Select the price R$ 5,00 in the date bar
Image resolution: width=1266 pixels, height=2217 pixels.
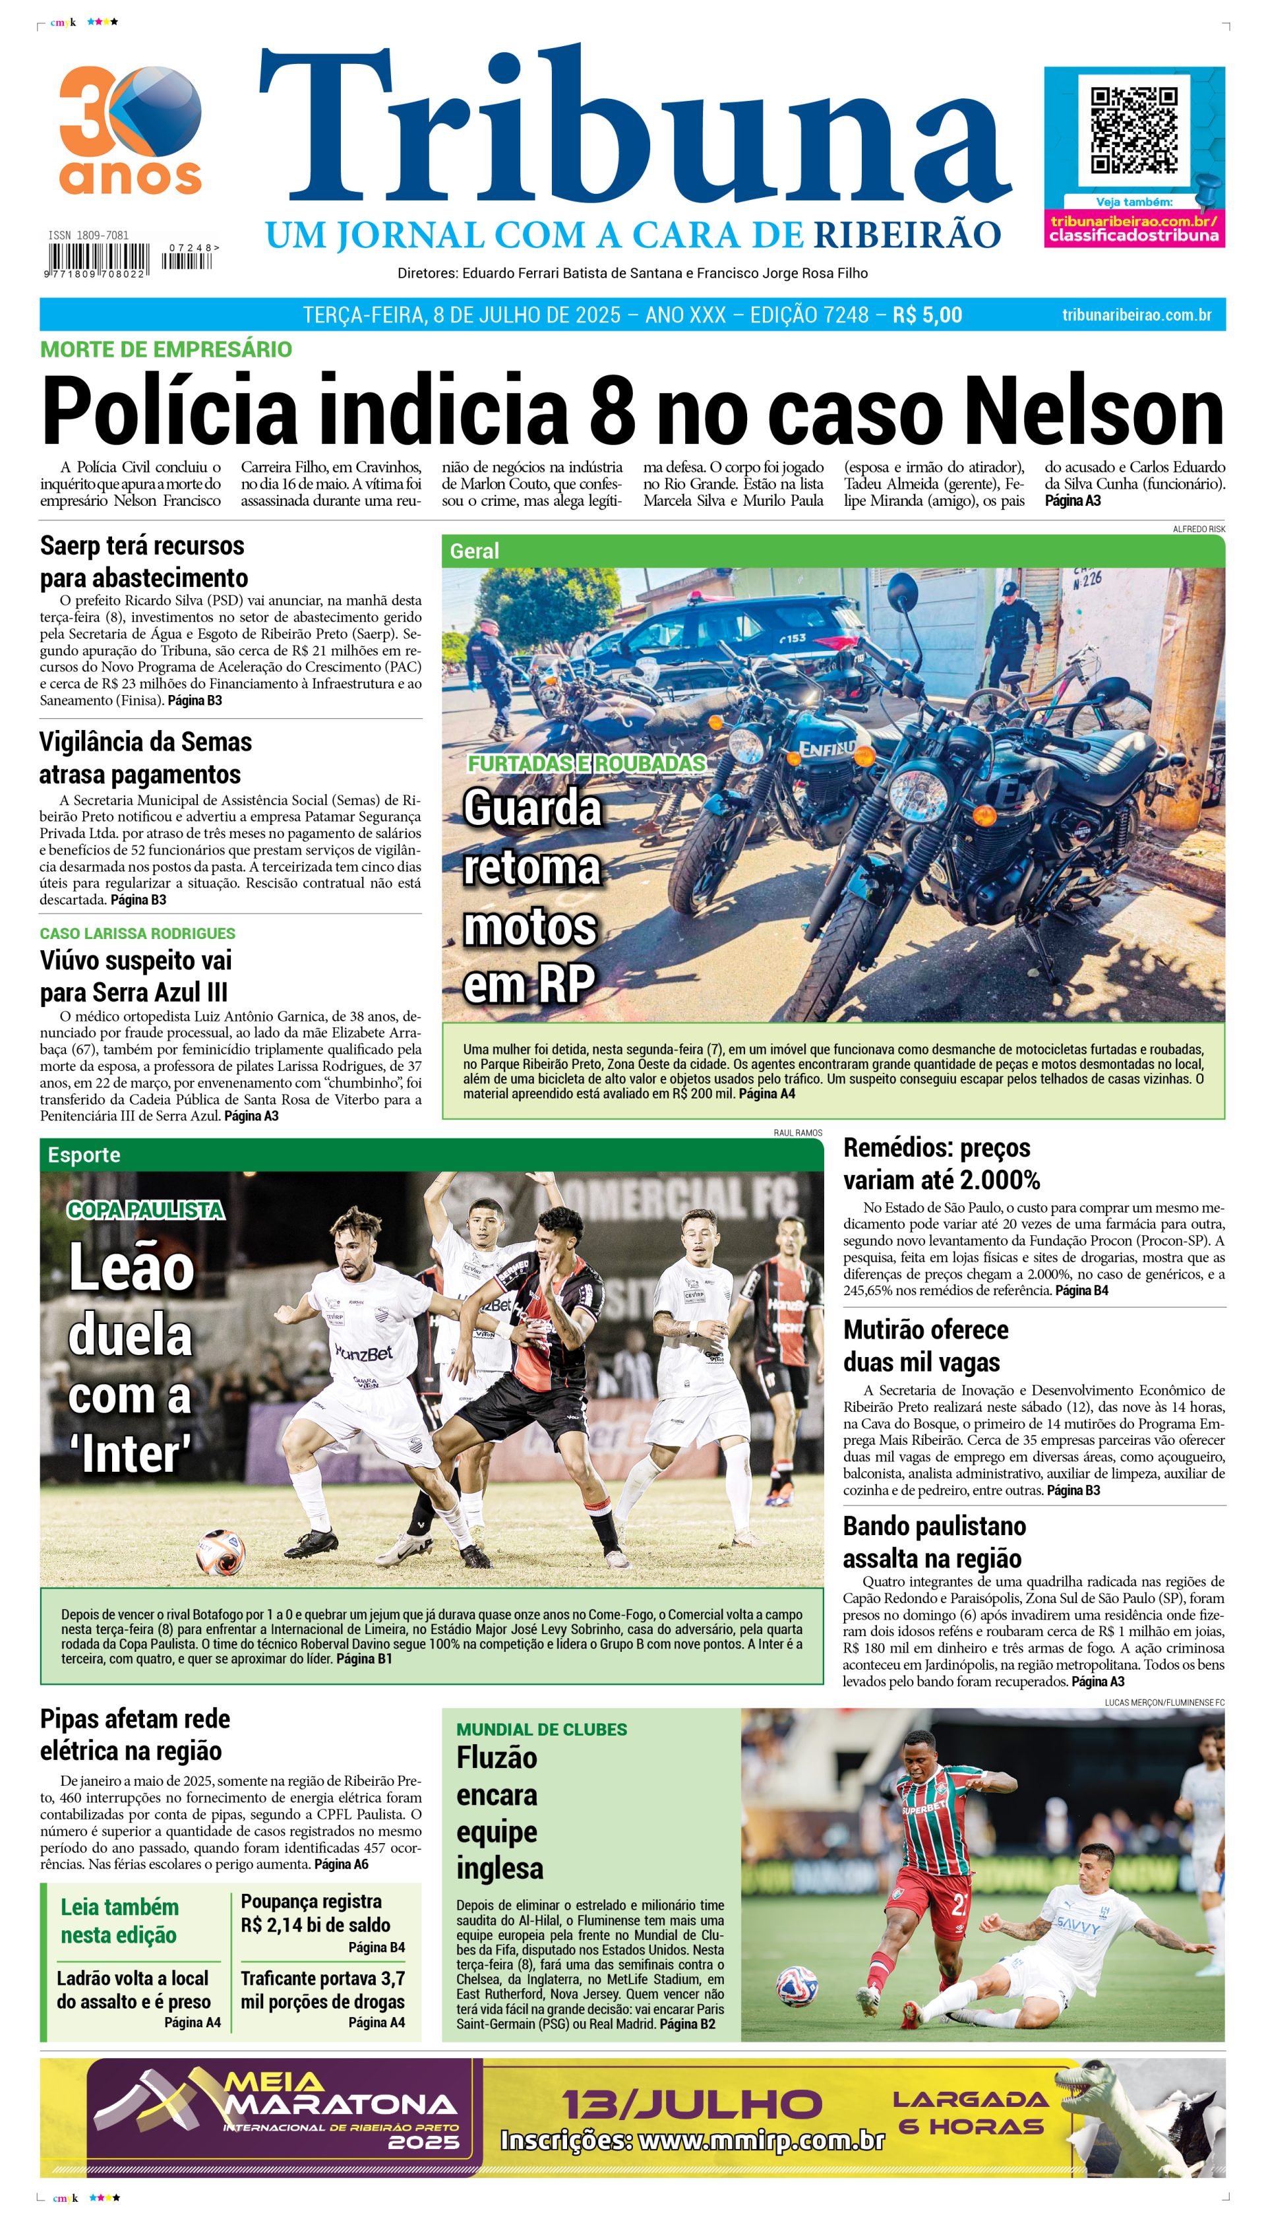click(927, 315)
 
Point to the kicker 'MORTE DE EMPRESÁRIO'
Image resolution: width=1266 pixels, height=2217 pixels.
click(166, 349)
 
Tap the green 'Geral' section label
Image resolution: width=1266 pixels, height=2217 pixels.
click(474, 551)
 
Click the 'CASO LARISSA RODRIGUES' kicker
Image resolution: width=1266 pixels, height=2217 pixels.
click(137, 933)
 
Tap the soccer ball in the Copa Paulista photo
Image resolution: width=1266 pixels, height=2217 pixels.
click(221, 1550)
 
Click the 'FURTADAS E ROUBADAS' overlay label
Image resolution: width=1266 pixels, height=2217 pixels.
click(587, 762)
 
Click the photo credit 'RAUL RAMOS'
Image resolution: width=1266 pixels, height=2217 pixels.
click(797, 1133)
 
